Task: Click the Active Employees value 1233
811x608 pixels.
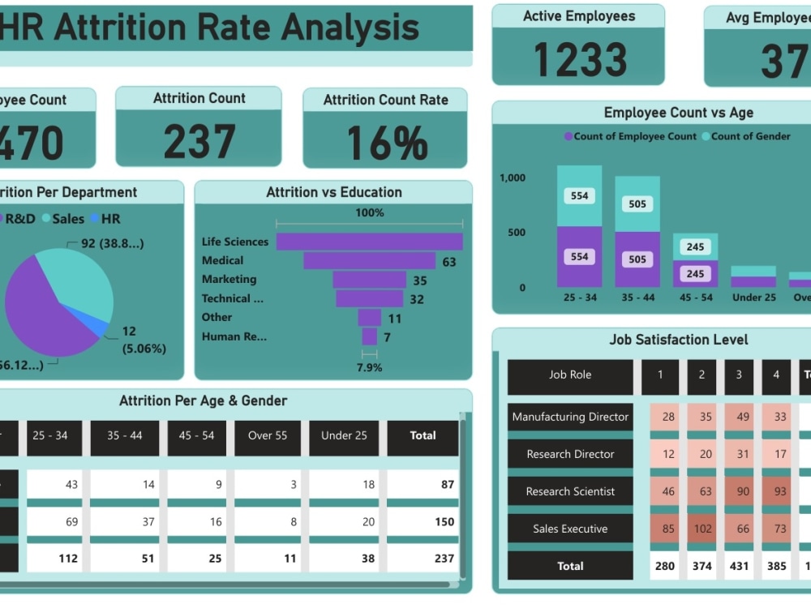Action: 579,59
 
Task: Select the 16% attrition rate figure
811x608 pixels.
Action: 386,143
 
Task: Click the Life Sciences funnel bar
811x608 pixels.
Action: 369,242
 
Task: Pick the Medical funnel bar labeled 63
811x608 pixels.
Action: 369,260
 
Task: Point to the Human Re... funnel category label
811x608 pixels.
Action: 234,336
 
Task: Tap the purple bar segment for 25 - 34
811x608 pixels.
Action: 579,257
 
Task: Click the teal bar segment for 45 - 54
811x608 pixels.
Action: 695,246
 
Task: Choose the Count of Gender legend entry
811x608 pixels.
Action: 750,136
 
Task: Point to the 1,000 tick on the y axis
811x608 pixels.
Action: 513,178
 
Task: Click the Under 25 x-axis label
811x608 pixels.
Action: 753,298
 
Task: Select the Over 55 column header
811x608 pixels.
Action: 267,435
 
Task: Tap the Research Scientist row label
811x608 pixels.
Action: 570,491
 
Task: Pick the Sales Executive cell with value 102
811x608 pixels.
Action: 702,529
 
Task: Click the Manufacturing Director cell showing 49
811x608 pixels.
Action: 739,417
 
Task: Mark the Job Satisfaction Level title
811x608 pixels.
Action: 678,340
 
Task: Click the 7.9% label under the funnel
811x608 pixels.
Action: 369,367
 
